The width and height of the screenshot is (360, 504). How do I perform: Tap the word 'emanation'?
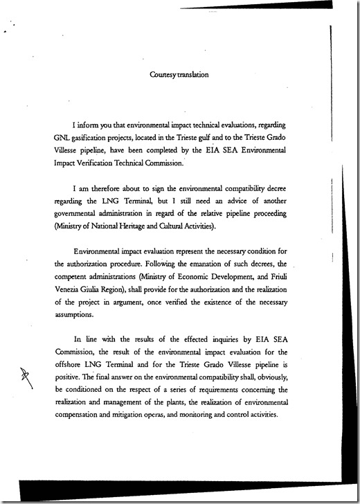[207, 264]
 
